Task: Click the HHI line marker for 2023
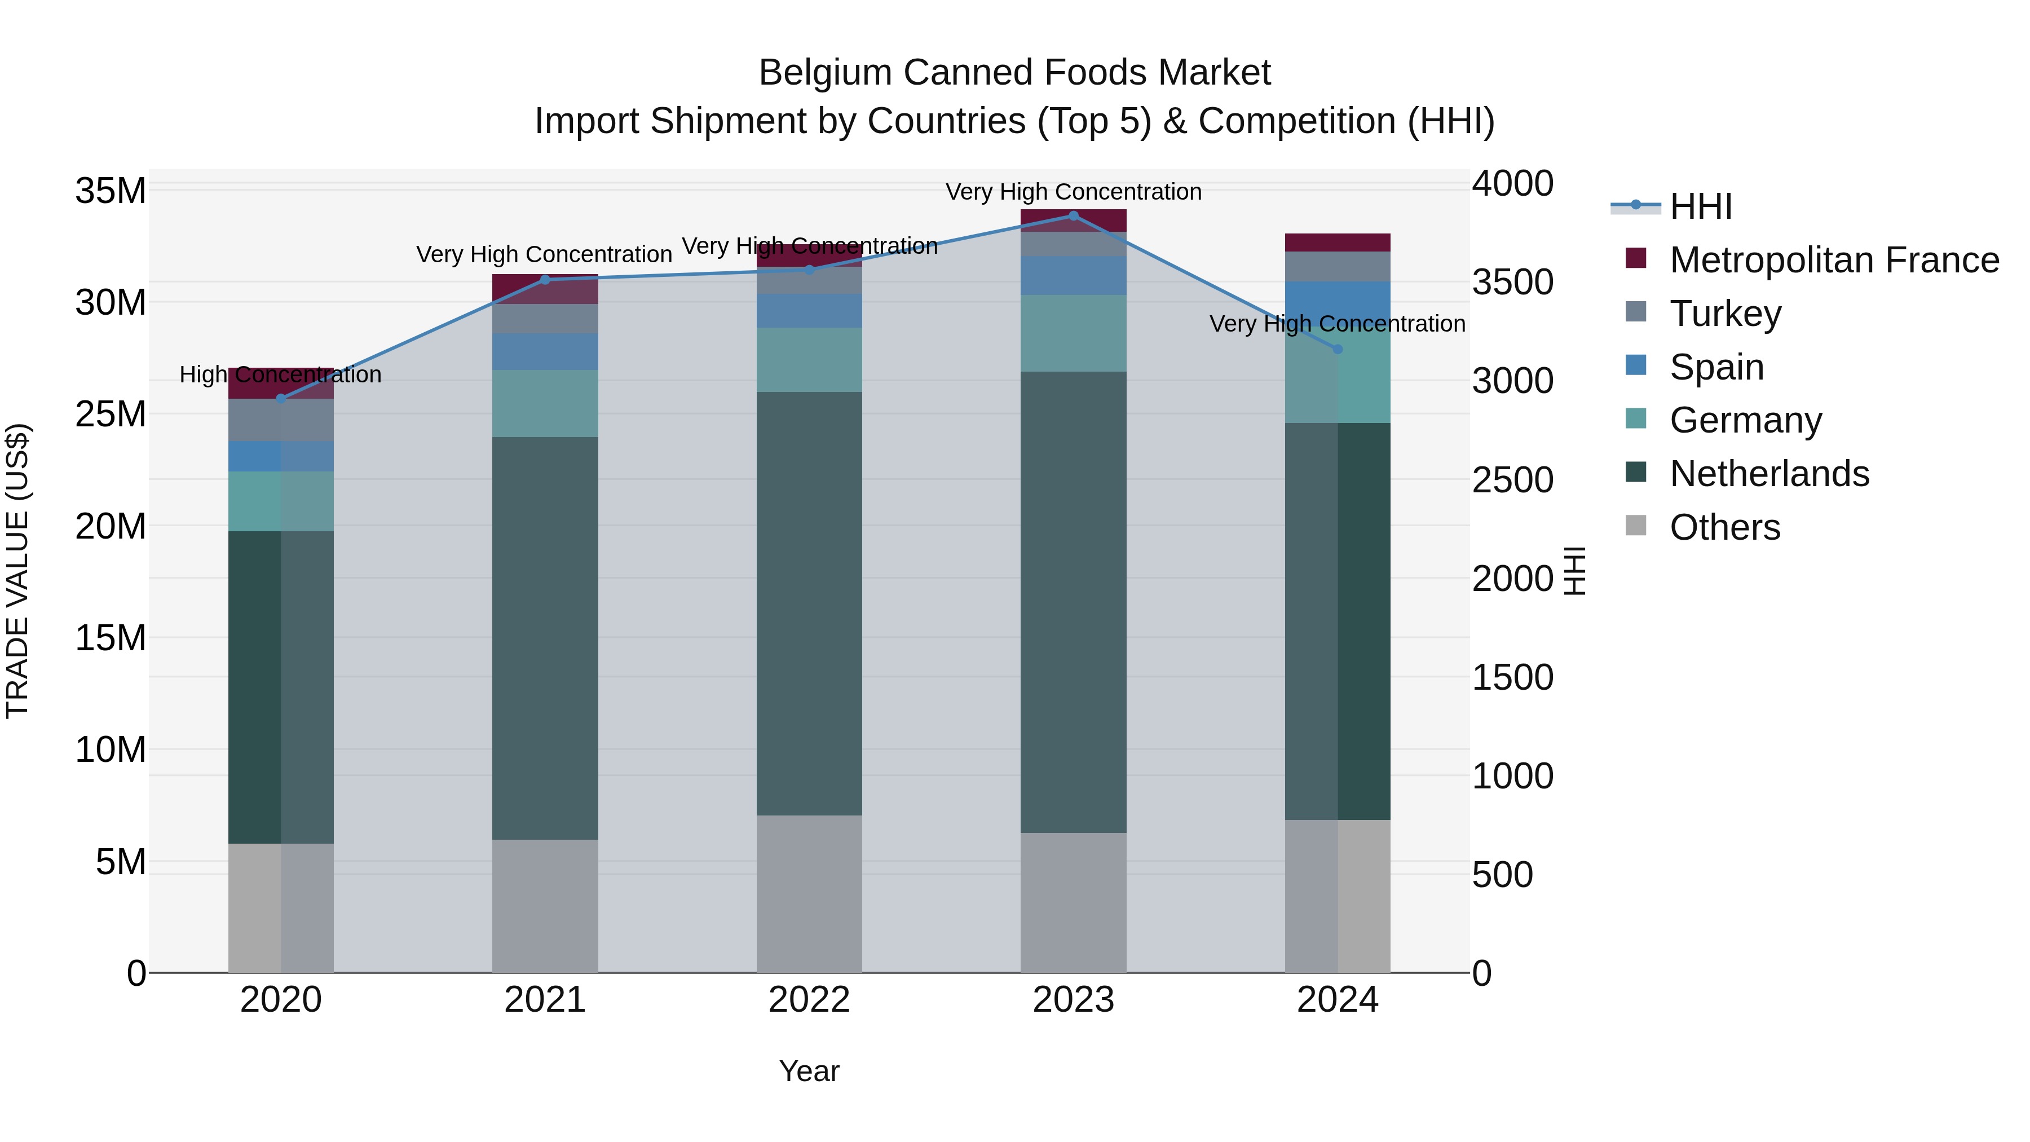[1073, 215]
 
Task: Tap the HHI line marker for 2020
[281, 399]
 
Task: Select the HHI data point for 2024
[1338, 349]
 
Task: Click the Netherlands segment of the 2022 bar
[809, 603]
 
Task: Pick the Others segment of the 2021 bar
[545, 906]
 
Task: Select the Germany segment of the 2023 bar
[1073, 333]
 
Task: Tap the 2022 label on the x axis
[809, 1000]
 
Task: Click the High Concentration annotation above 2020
[281, 374]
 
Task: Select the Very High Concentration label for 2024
[1338, 324]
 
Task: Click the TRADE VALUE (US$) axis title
[17, 571]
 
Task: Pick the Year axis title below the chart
[809, 1071]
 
